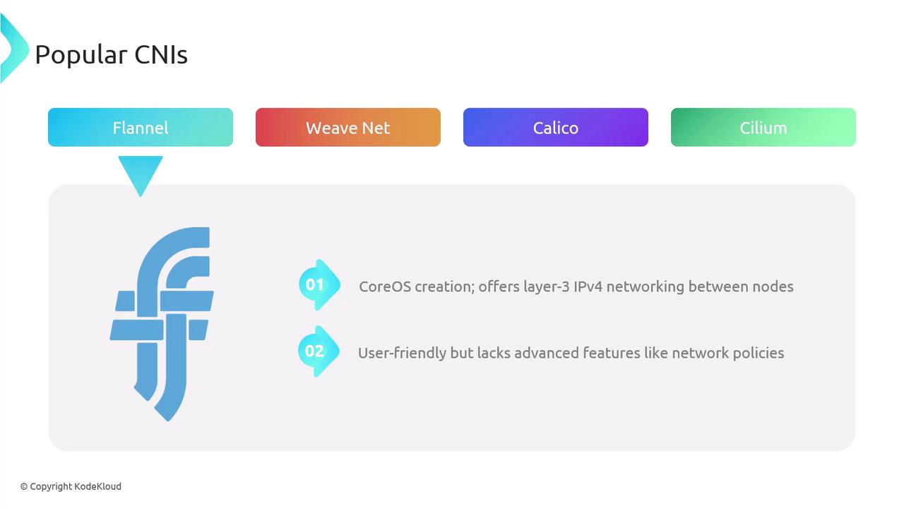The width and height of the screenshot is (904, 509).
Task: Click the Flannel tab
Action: tap(141, 127)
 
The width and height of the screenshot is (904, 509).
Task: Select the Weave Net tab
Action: tap(347, 127)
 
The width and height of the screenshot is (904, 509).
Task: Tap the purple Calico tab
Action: tap(555, 127)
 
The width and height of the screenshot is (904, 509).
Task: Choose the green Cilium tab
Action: tap(763, 127)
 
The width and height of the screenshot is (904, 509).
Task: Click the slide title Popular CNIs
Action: tap(111, 54)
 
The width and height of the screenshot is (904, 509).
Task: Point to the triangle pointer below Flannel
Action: tap(141, 172)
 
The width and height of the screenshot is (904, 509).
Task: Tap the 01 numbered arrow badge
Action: tap(318, 285)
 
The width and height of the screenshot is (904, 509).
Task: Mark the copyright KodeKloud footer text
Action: tap(71, 486)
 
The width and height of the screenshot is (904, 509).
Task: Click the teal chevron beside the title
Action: tap(12, 48)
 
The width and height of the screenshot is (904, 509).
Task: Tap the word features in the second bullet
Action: tap(612, 353)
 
